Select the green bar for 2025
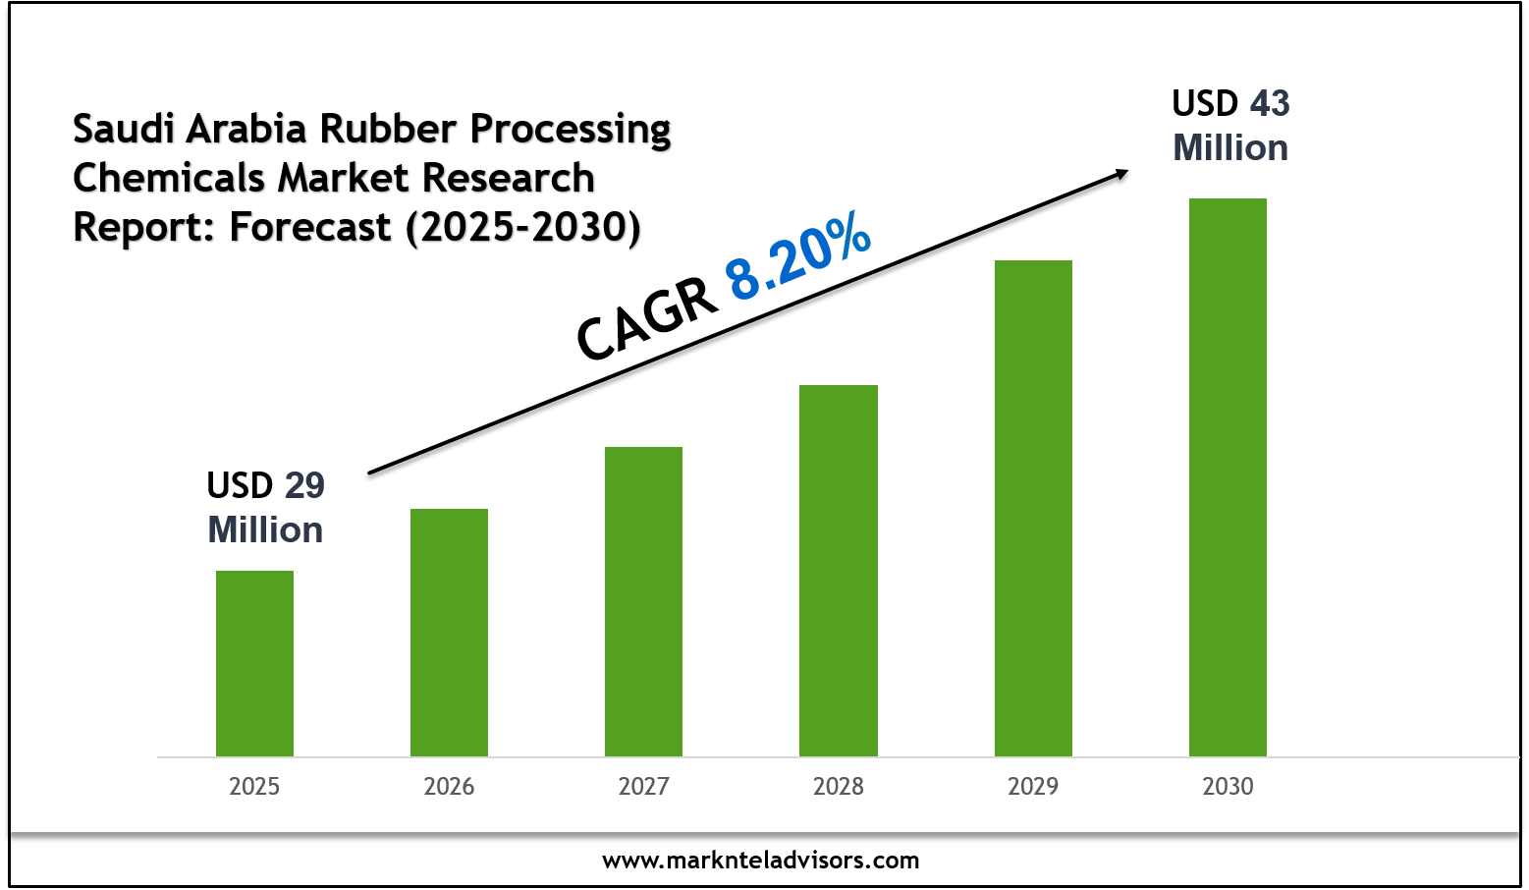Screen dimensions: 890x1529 [254, 663]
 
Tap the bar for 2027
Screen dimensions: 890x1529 [643, 601]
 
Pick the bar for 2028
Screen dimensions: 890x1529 [838, 570]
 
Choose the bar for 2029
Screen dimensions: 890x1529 [1033, 508]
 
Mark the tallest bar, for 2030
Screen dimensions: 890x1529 [1228, 476]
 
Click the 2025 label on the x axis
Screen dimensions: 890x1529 [254, 787]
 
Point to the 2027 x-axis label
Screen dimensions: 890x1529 [643, 787]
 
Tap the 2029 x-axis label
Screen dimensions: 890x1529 [1033, 787]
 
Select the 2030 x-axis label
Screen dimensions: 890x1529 [1228, 787]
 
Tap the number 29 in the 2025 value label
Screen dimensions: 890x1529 [304, 485]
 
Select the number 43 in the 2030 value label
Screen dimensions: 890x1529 [1270, 103]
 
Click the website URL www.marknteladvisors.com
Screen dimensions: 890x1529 [761, 861]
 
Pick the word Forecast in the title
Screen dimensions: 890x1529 [310, 227]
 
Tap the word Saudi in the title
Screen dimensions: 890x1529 [123, 129]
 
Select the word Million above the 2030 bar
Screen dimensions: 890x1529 [1230, 148]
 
